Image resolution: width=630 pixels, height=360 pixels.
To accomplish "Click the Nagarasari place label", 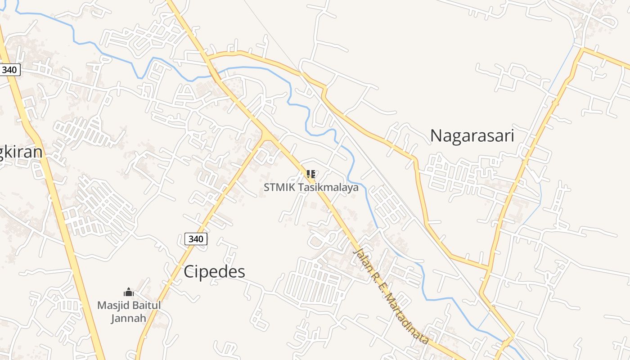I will (472, 135).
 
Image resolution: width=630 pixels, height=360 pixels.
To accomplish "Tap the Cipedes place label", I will (214, 272).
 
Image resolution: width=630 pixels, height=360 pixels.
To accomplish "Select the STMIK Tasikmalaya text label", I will (311, 187).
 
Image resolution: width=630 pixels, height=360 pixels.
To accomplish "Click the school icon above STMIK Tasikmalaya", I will (310, 174).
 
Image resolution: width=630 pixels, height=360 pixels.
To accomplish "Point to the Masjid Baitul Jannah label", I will (129, 311).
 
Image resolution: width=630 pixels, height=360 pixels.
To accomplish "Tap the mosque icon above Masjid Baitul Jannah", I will (129, 292).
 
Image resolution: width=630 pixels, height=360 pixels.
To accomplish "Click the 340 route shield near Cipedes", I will (196, 239).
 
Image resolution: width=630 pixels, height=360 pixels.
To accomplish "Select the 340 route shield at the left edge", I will (9, 70).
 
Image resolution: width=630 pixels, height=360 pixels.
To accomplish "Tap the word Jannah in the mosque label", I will (129, 318).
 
